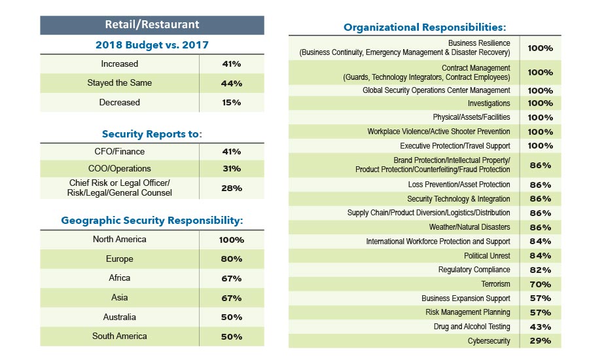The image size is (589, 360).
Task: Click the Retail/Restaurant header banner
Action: click(152, 25)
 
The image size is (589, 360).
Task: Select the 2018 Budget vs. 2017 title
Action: click(152, 45)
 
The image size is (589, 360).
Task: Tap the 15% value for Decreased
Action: click(232, 103)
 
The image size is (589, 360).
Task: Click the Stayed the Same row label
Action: click(119, 83)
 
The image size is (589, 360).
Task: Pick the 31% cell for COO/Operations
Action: click(232, 169)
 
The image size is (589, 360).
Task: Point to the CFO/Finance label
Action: click(119, 151)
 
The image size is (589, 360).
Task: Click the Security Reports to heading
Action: click(152, 134)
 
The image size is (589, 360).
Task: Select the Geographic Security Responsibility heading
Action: click(152, 221)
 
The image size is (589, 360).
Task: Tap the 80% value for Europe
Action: click(232, 259)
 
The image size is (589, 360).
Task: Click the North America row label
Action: click(119, 240)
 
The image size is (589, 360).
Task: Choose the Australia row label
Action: click(119, 317)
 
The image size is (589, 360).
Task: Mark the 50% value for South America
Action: click(232, 337)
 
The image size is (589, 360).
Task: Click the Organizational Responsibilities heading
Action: click(425, 27)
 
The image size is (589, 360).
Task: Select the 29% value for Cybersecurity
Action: click(540, 341)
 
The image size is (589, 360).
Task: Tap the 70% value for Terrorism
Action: click(540, 285)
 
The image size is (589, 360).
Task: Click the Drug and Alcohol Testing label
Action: click(472, 327)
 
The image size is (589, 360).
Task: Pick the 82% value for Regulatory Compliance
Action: click(540, 270)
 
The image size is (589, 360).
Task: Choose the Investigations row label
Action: click(488, 103)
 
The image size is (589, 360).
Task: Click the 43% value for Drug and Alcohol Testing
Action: click(540, 327)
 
